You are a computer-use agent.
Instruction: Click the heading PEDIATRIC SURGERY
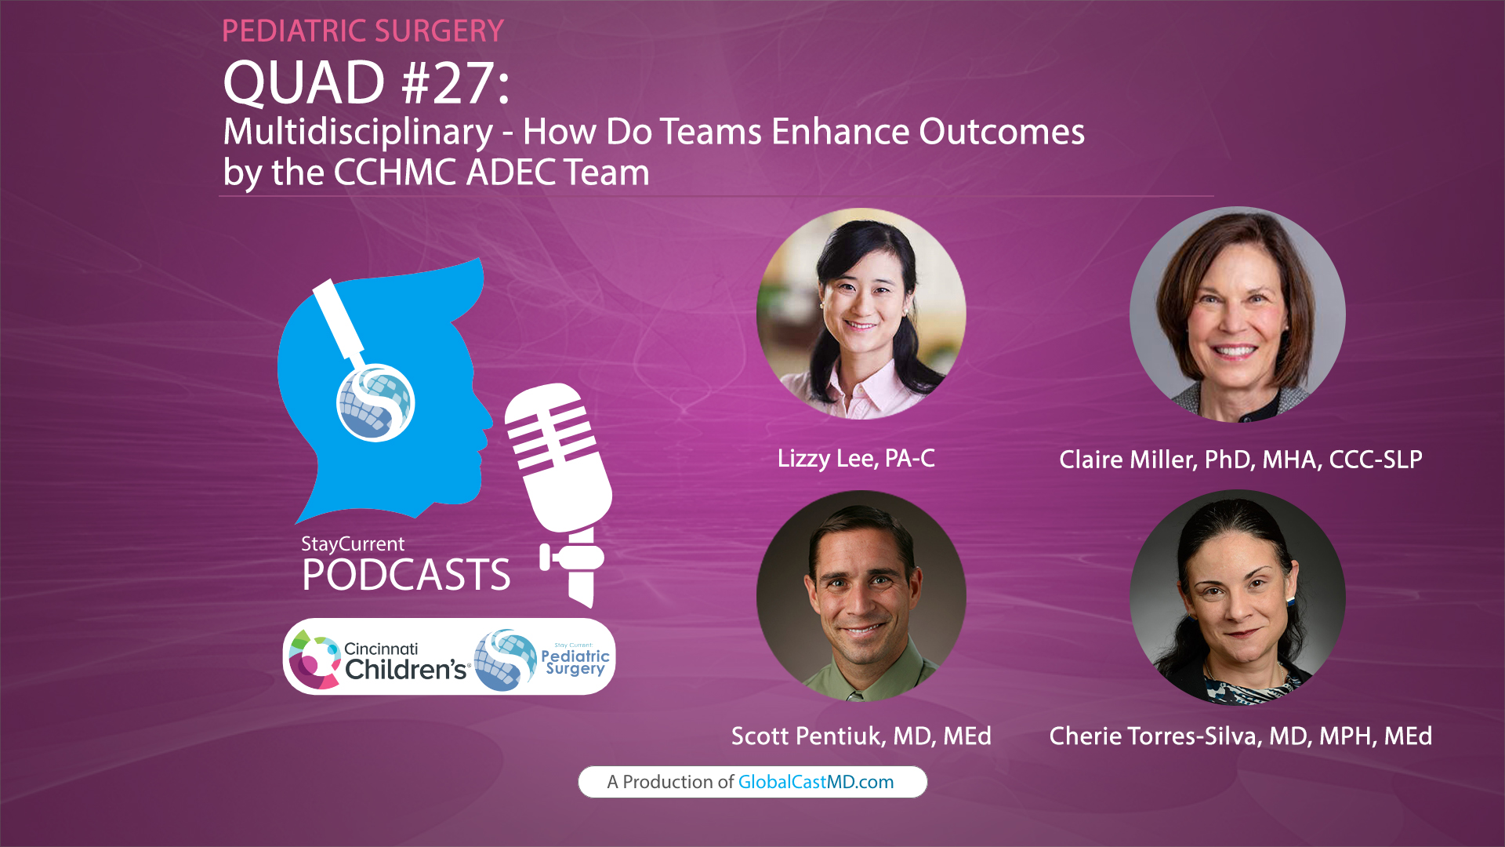click(362, 31)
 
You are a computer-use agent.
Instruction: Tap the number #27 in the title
click(448, 83)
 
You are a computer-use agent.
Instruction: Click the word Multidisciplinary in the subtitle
click(358, 132)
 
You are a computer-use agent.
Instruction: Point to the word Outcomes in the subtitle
click(1002, 132)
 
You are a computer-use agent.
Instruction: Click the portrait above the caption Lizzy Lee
click(861, 314)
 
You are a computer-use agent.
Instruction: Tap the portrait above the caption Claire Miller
click(1237, 314)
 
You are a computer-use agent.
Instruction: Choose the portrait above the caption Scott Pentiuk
click(861, 596)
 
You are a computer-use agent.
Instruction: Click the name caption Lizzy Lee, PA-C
click(856, 458)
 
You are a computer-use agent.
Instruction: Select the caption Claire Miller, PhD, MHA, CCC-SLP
click(1240, 460)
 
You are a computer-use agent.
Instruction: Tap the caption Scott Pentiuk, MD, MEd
click(861, 736)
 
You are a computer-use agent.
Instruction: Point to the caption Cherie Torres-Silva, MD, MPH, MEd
click(1240, 736)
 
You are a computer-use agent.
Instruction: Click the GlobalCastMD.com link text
click(815, 782)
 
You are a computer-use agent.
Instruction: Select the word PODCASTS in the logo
click(406, 575)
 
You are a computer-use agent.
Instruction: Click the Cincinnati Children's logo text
click(404, 660)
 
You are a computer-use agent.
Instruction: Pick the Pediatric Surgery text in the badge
click(575, 661)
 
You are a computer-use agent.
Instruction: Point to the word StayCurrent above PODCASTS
click(353, 543)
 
